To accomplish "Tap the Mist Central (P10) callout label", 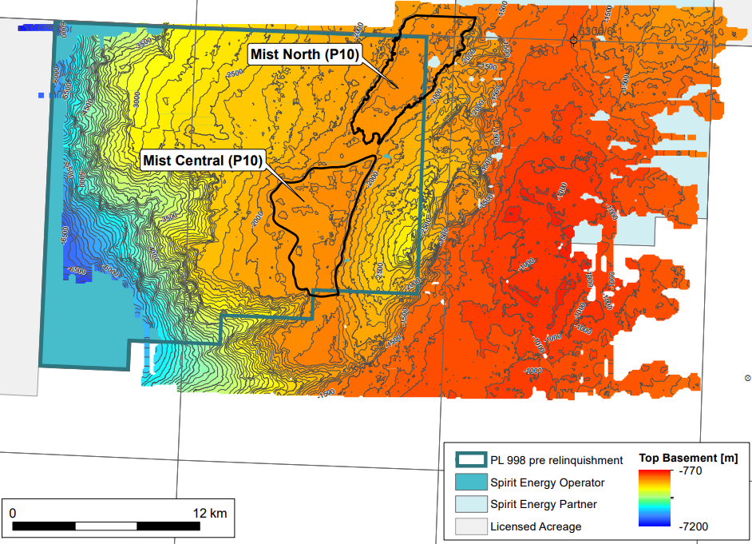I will click(x=202, y=161).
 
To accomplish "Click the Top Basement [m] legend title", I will click(x=688, y=459).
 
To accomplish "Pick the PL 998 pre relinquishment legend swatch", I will click(x=470, y=460).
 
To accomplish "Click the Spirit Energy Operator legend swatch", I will click(x=470, y=482).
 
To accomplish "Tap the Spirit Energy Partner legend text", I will click(x=543, y=504).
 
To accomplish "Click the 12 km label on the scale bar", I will click(x=210, y=512).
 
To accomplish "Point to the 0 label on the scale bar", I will click(x=13, y=512).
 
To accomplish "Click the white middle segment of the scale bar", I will click(x=106, y=526).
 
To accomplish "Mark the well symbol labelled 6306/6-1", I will click(x=573, y=39).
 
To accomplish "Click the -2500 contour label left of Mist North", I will click(x=234, y=73).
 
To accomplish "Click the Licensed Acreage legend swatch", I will click(x=470, y=526).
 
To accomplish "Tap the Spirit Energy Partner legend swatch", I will click(x=470, y=504).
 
